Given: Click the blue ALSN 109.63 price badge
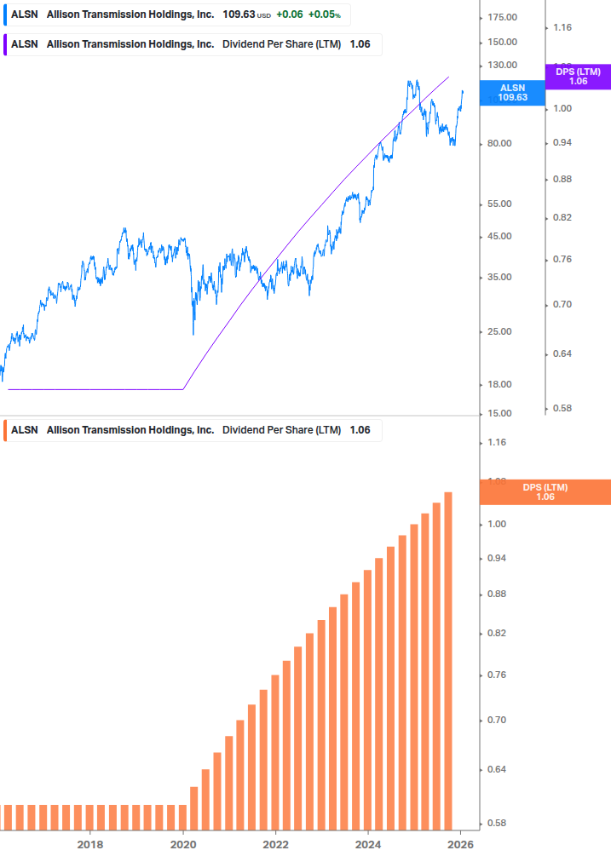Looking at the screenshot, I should [x=512, y=92].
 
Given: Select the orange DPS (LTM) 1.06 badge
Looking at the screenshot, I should [x=545, y=491].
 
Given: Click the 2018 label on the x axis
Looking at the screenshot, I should [x=90, y=844].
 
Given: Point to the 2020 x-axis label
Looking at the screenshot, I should [x=183, y=844].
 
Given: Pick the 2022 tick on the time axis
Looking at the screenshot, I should [x=275, y=844].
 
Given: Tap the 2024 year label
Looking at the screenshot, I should [x=368, y=844].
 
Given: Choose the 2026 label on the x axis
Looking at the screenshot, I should [x=460, y=844].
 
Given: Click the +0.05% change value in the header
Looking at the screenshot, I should [x=324, y=14].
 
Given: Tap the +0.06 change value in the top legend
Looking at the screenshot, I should [x=290, y=14].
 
